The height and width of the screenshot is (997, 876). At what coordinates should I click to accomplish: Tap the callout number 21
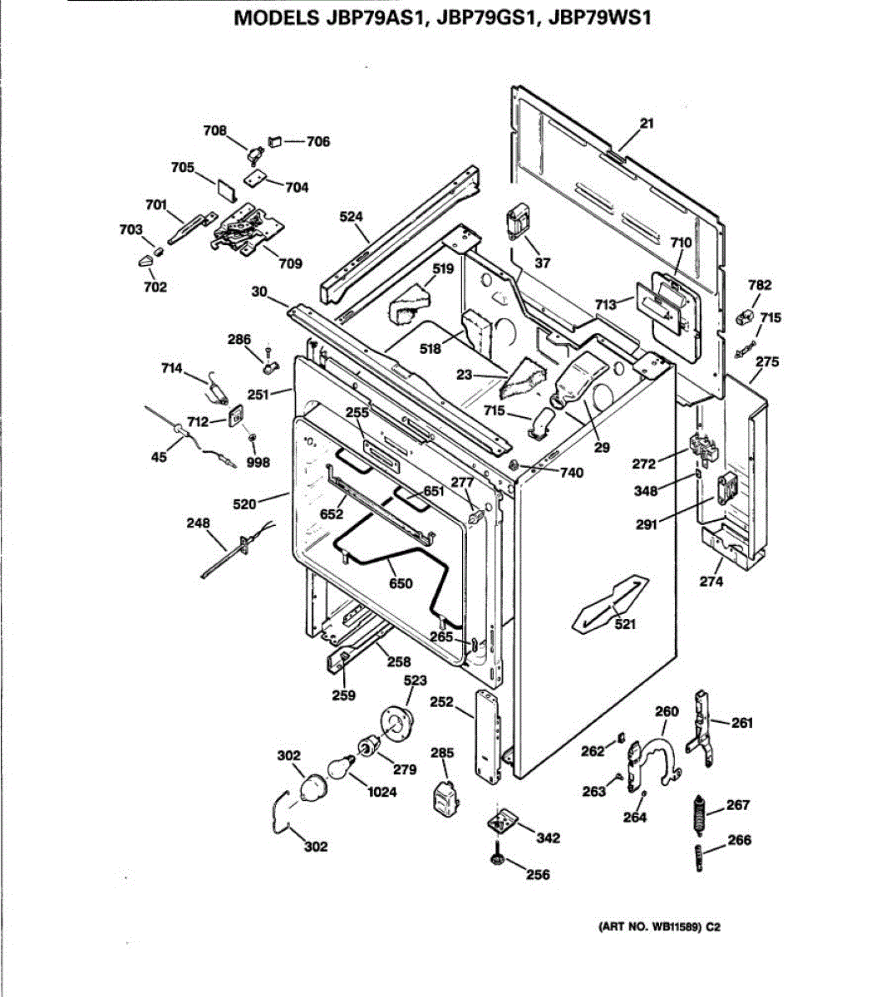(x=647, y=124)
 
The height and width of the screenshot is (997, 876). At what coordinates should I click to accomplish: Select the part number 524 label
(x=352, y=217)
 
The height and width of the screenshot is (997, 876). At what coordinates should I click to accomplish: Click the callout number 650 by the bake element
(x=401, y=583)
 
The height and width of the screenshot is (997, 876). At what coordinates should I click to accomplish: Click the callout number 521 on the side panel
(x=624, y=625)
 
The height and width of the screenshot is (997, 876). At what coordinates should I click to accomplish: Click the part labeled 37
(x=519, y=221)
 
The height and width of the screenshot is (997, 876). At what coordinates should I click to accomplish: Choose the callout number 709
(x=290, y=264)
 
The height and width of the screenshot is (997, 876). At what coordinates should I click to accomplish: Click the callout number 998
(x=258, y=463)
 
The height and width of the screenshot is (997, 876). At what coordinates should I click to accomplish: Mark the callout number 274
(x=711, y=582)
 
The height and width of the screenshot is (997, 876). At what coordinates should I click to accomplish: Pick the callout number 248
(x=198, y=523)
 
